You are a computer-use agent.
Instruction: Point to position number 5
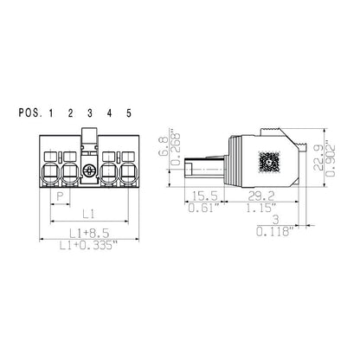128,113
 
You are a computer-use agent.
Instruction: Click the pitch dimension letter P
60,196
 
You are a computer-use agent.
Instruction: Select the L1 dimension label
88,212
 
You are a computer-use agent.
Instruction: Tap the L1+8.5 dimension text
88,233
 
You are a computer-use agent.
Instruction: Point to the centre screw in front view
89,169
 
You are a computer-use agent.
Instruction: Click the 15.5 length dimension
203,197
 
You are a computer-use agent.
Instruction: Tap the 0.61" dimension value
203,209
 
